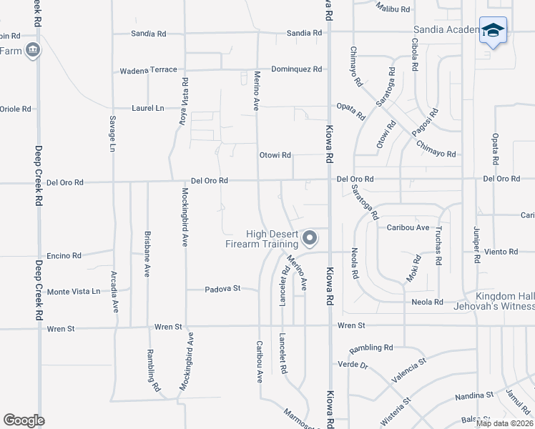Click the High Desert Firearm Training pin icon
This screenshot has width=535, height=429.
(310, 237)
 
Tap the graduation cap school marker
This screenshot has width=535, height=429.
(493, 30)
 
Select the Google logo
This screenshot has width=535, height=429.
(24, 420)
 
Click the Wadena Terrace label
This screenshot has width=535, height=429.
(148, 70)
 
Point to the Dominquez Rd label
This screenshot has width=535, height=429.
(297, 69)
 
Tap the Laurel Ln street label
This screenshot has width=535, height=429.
(148, 109)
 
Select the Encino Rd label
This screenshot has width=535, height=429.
(64, 255)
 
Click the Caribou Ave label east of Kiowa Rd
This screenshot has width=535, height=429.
(408, 227)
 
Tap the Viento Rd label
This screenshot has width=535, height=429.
(501, 252)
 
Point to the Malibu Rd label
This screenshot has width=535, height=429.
(393, 9)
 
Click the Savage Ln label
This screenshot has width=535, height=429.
(112, 134)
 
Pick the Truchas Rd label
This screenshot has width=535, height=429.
(438, 250)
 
